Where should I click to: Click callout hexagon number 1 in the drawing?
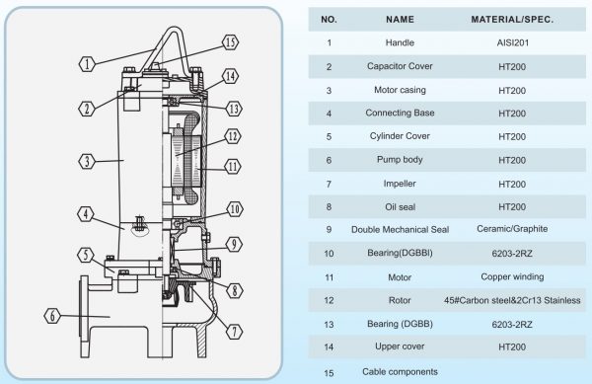click(x=87, y=64)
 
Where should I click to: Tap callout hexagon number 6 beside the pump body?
click(x=52, y=316)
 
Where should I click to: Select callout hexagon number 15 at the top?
click(x=230, y=42)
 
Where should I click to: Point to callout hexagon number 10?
click(x=235, y=209)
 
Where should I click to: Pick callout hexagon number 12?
click(x=233, y=136)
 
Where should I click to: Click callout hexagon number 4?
click(x=86, y=214)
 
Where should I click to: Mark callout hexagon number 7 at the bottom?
click(x=234, y=332)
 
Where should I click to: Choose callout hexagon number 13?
click(x=234, y=109)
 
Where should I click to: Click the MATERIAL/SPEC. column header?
click(x=512, y=20)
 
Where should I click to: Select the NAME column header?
click(x=400, y=20)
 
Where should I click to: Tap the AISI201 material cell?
click(x=512, y=43)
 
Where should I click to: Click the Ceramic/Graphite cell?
click(x=512, y=229)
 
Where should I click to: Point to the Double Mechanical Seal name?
click(x=401, y=230)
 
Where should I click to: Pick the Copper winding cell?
click(x=512, y=276)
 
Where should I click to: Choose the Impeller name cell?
click(x=400, y=184)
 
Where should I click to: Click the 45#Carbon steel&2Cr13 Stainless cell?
click(x=512, y=300)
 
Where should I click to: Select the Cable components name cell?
click(x=400, y=372)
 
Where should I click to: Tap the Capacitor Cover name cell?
click(x=400, y=66)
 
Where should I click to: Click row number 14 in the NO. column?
click(x=329, y=347)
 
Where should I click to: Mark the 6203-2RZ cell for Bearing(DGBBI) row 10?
click(x=512, y=254)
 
